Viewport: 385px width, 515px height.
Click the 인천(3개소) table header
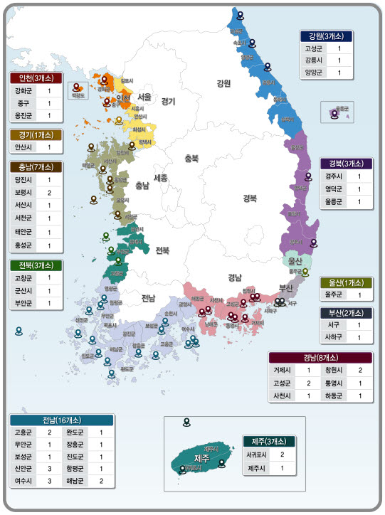tap(36, 78)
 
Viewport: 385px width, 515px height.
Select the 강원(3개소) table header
tap(327, 36)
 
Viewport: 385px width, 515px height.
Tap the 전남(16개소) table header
tap(61, 420)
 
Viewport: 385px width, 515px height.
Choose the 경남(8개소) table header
tap(320, 357)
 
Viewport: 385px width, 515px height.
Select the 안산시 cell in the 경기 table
tap(23, 147)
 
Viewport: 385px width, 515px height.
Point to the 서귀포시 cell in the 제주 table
tap(257, 455)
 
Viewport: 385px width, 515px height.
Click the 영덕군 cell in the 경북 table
tap(334, 189)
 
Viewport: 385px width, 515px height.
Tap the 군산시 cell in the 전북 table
tap(23, 290)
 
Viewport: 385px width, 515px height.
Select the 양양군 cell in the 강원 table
tap(313, 73)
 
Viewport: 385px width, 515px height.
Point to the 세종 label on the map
tap(160, 178)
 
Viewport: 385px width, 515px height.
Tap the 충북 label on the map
tap(192, 158)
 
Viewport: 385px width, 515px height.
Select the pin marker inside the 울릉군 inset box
tap(334, 112)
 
